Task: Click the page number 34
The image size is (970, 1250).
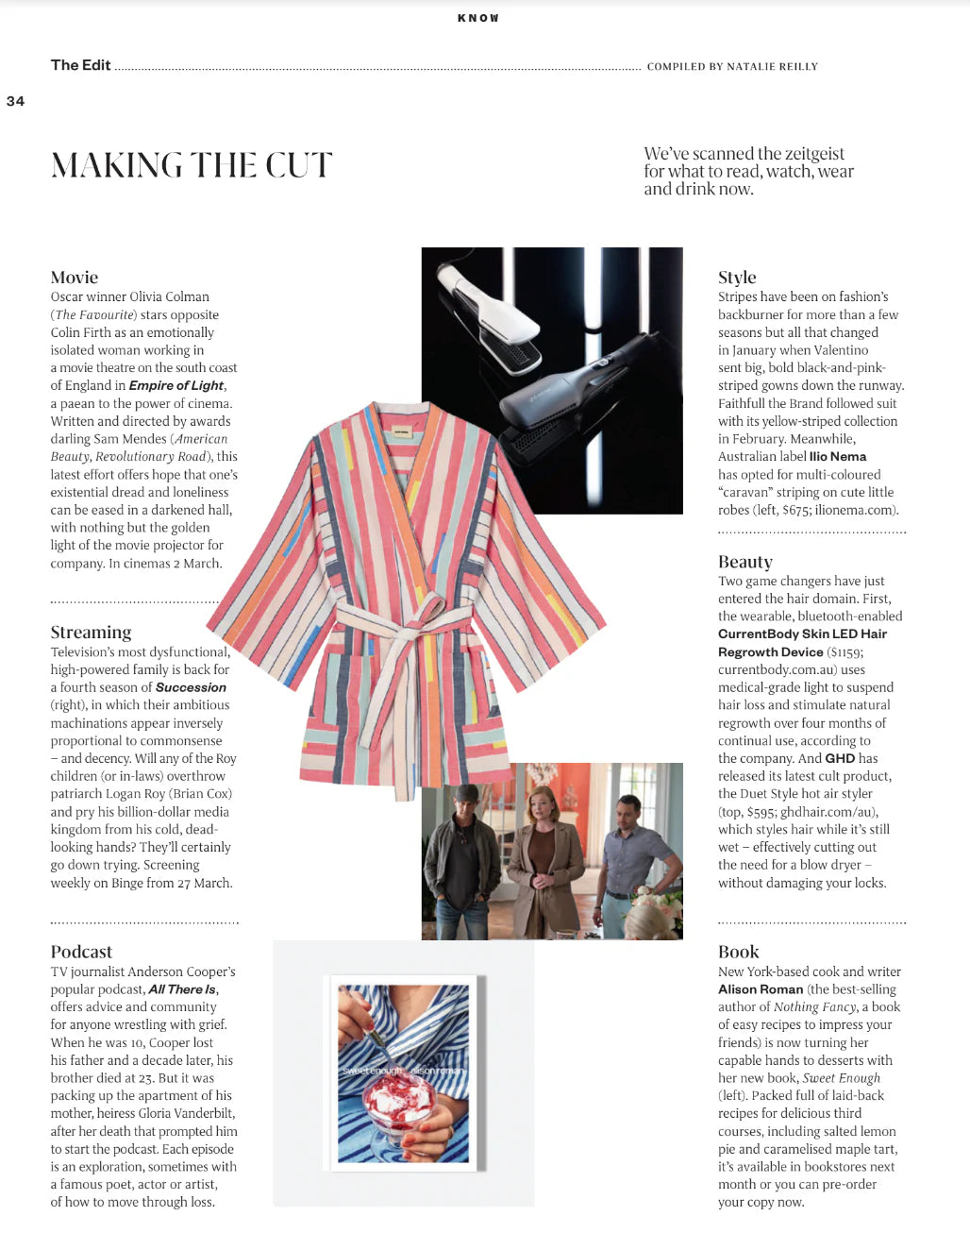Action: click(15, 101)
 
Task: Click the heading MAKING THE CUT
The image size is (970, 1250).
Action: click(192, 165)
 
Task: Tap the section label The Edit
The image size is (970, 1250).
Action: click(80, 65)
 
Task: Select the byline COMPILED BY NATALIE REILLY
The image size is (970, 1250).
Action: click(732, 67)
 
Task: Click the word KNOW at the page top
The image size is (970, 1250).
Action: click(478, 18)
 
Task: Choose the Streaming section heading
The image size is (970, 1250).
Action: click(91, 633)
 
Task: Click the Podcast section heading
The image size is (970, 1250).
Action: click(81, 952)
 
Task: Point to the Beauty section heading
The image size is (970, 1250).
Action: click(744, 562)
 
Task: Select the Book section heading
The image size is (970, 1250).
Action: click(738, 952)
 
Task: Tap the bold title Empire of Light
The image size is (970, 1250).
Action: click(176, 385)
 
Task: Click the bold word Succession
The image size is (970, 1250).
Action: click(191, 687)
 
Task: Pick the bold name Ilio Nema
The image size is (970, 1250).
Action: click(837, 456)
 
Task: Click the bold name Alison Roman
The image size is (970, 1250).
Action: click(761, 989)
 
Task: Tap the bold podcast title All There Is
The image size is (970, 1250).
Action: click(182, 989)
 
